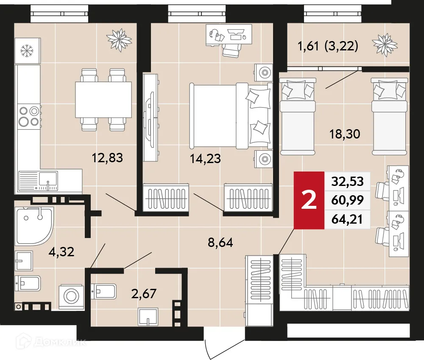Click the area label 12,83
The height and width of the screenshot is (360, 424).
pos(107,158)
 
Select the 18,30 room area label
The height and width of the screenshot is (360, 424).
pos(345,134)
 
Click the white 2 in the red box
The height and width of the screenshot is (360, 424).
pos(309,200)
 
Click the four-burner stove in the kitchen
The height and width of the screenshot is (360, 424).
pos(28,116)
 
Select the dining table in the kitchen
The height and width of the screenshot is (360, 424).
pos(103,100)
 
